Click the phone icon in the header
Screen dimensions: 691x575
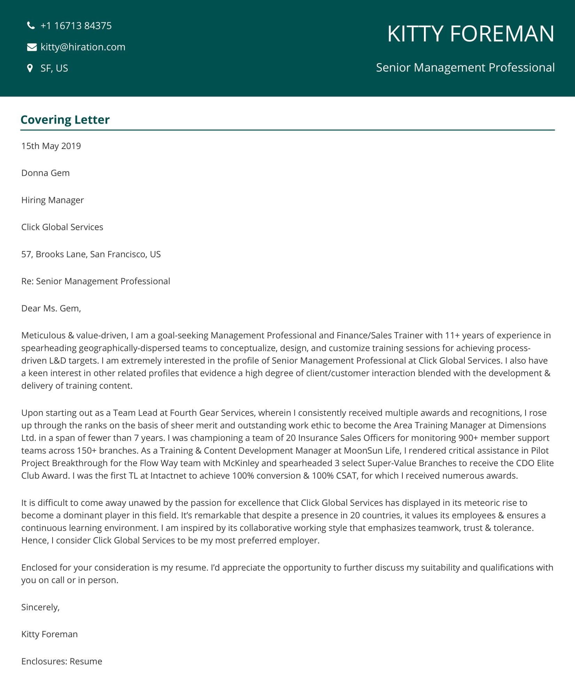coord(31,25)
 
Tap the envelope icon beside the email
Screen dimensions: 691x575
coord(32,47)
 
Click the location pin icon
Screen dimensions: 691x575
coord(30,68)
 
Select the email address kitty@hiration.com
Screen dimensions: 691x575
coord(83,47)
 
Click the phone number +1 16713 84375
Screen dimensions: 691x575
coord(76,26)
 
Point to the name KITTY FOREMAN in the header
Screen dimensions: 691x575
coord(470,34)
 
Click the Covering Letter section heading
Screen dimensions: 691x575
coord(65,120)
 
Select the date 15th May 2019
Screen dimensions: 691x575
coord(51,146)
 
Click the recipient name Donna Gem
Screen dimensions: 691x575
coord(45,173)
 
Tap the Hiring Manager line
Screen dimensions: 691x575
coord(52,200)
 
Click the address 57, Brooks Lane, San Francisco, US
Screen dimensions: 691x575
coord(91,254)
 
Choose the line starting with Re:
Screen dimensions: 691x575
coord(95,281)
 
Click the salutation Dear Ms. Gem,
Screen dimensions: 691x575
coord(51,308)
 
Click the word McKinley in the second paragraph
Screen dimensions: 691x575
coord(241,463)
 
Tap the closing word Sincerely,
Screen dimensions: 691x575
coord(40,607)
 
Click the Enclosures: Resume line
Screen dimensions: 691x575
coord(62,661)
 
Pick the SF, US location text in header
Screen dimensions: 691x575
coord(54,68)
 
